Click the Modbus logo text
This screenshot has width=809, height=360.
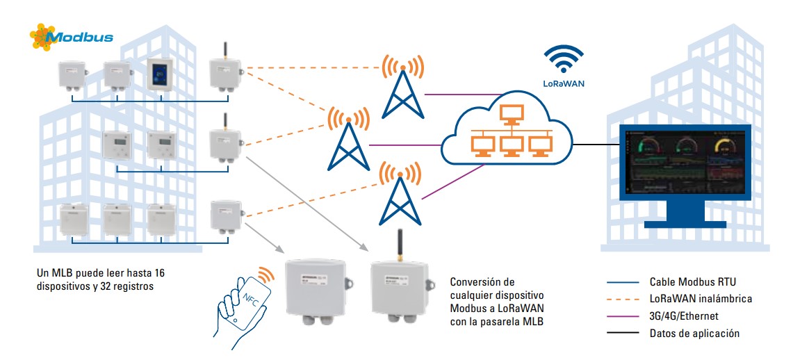point(81,37)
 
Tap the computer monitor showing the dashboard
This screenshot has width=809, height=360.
point(685,174)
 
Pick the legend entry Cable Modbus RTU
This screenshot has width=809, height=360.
point(692,282)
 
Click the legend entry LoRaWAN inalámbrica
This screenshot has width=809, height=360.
point(701,299)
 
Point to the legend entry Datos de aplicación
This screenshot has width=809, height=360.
point(694,334)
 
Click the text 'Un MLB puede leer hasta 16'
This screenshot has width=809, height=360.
point(99,272)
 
